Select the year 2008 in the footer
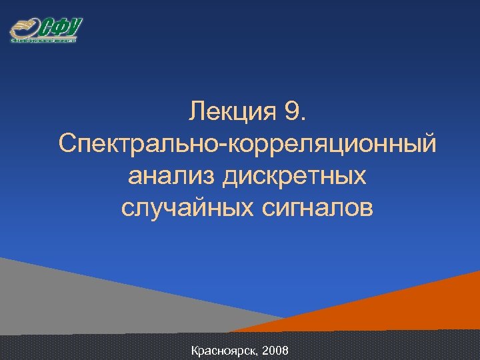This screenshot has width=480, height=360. pos(276,350)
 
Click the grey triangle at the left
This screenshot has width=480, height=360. pos(80,300)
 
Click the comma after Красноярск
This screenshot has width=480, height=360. pos(258,353)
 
